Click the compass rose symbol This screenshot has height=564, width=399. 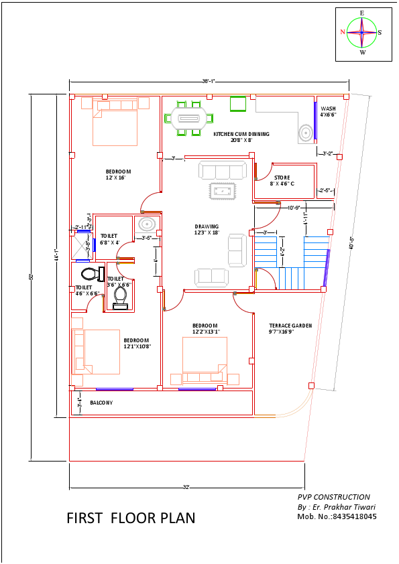pos(362,32)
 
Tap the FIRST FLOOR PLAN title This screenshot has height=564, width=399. pos(131,518)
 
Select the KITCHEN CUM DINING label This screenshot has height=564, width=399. pos(241,137)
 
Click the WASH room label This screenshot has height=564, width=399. pos(328,111)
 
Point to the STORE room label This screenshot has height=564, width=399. pos(282,180)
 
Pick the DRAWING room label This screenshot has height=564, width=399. pos(207,229)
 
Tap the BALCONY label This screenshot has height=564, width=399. pos(101,403)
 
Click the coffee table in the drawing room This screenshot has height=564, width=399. pos(222,190)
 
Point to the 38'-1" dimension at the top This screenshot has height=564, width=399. pos(209,81)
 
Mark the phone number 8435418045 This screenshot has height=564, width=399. pos(351,516)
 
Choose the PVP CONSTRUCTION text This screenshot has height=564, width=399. pos(333,497)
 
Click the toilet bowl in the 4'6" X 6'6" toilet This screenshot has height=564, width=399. pos(89,273)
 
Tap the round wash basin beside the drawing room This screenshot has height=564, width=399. pos(147,224)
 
